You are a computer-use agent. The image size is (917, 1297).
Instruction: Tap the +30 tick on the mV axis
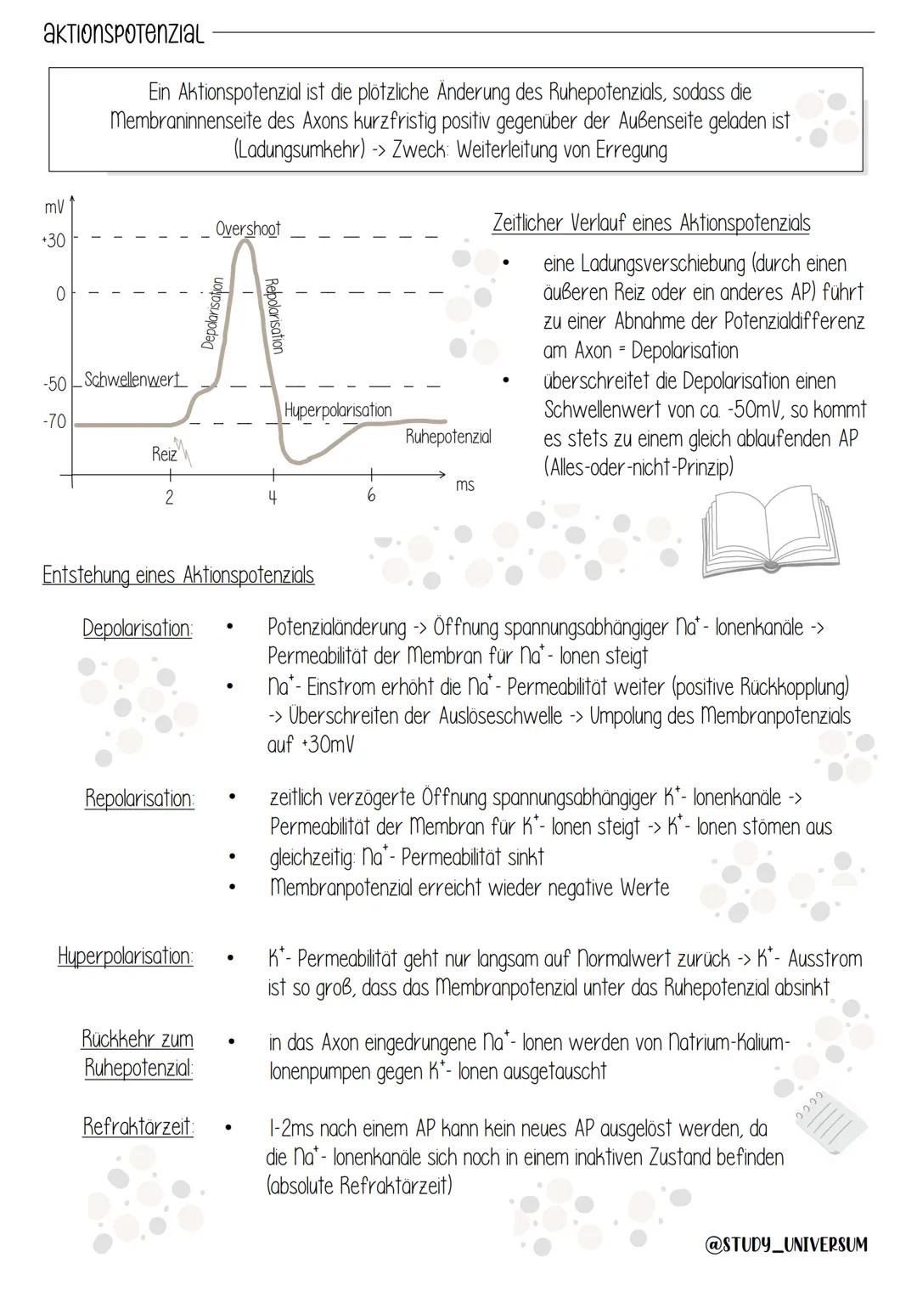(54, 240)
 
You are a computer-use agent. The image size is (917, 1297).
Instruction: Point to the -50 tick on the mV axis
(55, 384)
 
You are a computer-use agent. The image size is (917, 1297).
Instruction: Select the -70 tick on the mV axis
(55, 422)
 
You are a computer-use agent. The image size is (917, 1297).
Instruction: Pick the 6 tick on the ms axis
(371, 495)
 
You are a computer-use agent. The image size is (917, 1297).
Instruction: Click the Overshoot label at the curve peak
(247, 228)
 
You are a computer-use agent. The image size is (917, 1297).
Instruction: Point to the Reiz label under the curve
(164, 454)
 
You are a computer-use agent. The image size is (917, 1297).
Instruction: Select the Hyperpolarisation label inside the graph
(338, 410)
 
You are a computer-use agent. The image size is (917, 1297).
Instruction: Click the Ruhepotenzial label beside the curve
(448, 437)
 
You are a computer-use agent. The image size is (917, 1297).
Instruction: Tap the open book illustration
(769, 529)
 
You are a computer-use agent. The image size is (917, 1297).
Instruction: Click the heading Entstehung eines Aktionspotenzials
(178, 575)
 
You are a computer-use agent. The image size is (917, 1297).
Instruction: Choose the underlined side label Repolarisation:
(139, 798)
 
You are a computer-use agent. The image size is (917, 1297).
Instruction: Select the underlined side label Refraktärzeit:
(138, 1127)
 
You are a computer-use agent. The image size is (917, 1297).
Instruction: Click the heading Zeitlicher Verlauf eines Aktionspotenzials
(651, 223)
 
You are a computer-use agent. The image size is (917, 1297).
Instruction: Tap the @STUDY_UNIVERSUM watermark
(786, 1244)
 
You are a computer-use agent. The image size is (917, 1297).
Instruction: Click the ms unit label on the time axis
(465, 485)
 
